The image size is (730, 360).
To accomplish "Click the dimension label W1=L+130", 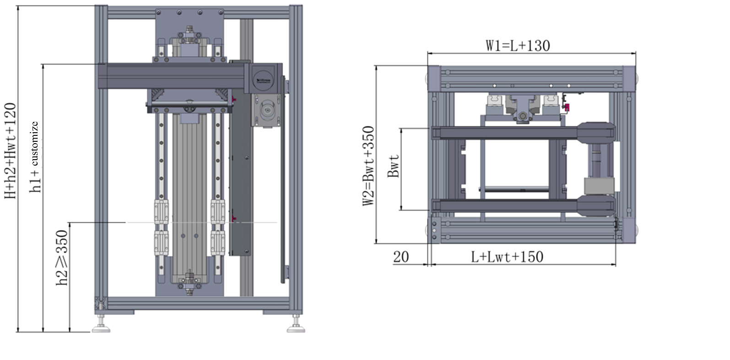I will coord(518,45).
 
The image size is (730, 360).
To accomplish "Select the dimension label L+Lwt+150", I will coord(508,257).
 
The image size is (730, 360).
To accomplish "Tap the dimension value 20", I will coord(400,257).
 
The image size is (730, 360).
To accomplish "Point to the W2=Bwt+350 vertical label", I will coord(369,166).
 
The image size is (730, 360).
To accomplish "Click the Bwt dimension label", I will coord(394,167).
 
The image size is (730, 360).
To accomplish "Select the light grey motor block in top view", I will coord(598,187).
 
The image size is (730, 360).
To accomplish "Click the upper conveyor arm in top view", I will coord(503,133).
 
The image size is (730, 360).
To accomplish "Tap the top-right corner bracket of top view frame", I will coord(629,75).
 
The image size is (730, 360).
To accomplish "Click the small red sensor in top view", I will coord(568,108).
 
